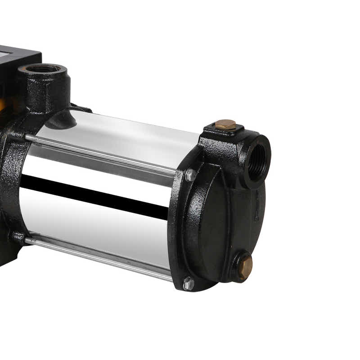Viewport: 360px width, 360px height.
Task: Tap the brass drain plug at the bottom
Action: pyautogui.click(x=245, y=266)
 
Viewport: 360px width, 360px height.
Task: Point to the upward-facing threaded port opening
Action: pyautogui.click(x=43, y=69)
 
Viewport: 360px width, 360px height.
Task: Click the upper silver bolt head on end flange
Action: pyautogui.click(x=190, y=175)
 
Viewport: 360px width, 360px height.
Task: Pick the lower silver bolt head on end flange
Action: pyautogui.click(x=189, y=283)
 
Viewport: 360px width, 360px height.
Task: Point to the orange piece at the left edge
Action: pyautogui.click(x=2, y=105)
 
